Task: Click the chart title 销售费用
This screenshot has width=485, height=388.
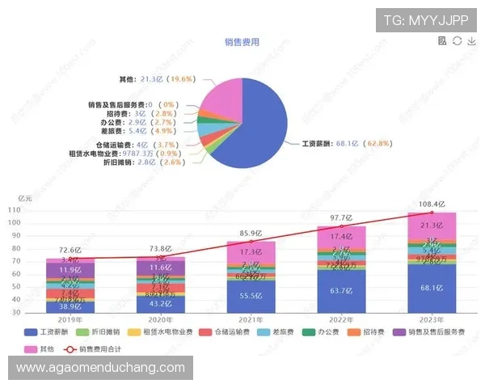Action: [242, 42]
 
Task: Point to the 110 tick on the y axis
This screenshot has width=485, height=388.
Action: [36, 210]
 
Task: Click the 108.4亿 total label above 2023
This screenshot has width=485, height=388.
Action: [431, 204]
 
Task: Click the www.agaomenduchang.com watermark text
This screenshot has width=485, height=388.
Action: [101, 368]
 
